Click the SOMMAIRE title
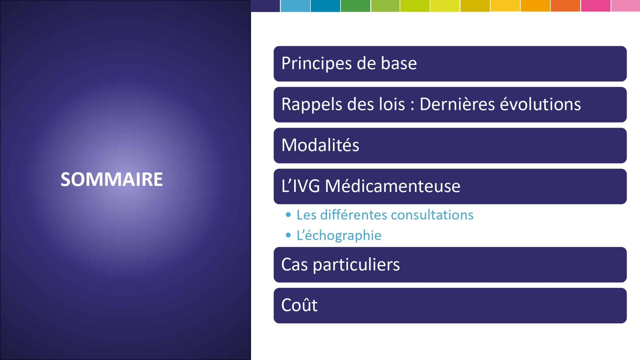click(112, 179)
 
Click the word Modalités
click(320, 145)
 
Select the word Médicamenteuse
click(393, 186)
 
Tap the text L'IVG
click(300, 186)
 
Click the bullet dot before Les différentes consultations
click(288, 215)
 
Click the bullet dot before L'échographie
click(288, 236)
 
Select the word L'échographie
click(339, 236)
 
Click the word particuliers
click(356, 265)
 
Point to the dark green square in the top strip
click(356, 6)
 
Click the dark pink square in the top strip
click(596, 6)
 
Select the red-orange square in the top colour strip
click(565, 6)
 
